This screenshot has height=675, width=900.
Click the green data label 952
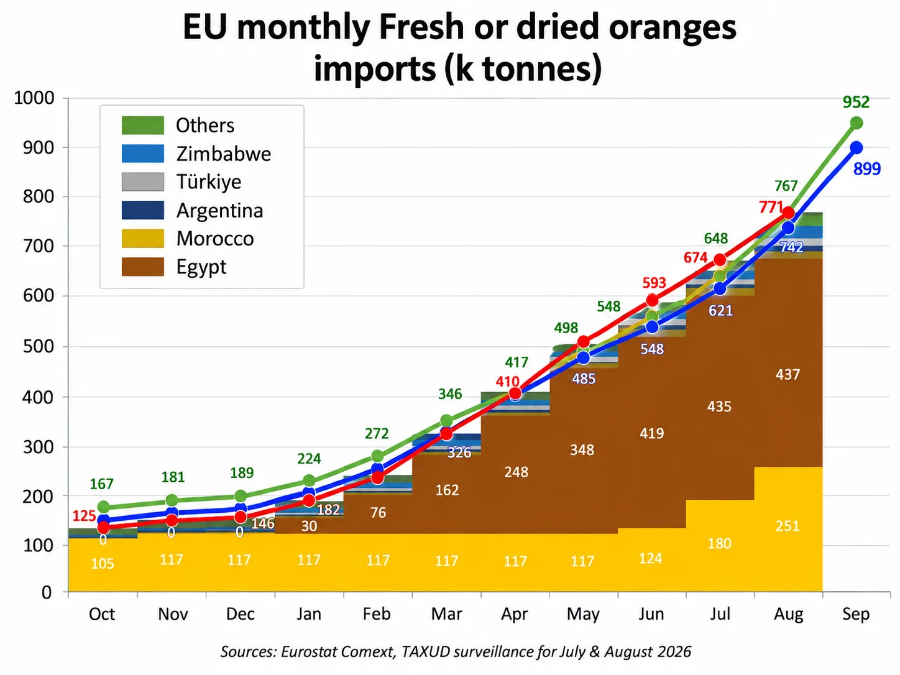click(x=856, y=102)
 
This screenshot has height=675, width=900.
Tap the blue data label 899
click(x=867, y=169)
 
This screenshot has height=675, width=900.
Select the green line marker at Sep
click(x=856, y=123)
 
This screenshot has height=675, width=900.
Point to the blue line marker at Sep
click(x=856, y=148)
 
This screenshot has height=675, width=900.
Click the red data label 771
click(x=771, y=207)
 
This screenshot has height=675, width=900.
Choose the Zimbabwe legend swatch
click(x=143, y=154)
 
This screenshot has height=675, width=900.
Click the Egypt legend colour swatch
click(x=143, y=267)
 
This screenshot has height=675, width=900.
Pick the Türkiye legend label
click(x=209, y=182)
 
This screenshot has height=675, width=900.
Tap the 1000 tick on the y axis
click(x=34, y=98)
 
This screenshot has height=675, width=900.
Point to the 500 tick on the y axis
click(x=39, y=346)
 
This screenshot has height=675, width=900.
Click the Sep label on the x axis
click(x=856, y=614)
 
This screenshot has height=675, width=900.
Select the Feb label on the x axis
click(x=377, y=614)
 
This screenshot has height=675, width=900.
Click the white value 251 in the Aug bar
click(x=787, y=526)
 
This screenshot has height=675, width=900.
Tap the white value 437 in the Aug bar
click(x=787, y=374)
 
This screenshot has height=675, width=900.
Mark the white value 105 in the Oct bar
click(x=103, y=564)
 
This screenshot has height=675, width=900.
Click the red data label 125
click(x=84, y=516)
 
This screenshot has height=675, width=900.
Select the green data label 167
click(x=101, y=484)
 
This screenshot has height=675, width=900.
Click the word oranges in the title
click(x=673, y=29)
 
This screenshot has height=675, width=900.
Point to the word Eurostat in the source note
click(x=304, y=651)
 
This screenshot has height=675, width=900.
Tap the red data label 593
click(x=654, y=283)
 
